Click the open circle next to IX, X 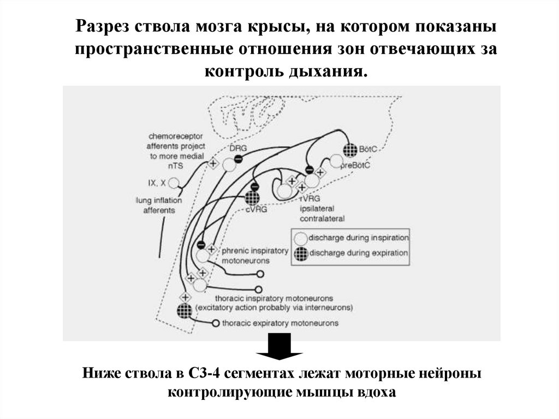(174, 182)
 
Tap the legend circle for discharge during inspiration (300, 238)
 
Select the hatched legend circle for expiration (300, 253)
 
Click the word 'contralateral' (322, 219)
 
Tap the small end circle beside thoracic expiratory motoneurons (216, 323)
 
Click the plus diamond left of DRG (214, 162)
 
